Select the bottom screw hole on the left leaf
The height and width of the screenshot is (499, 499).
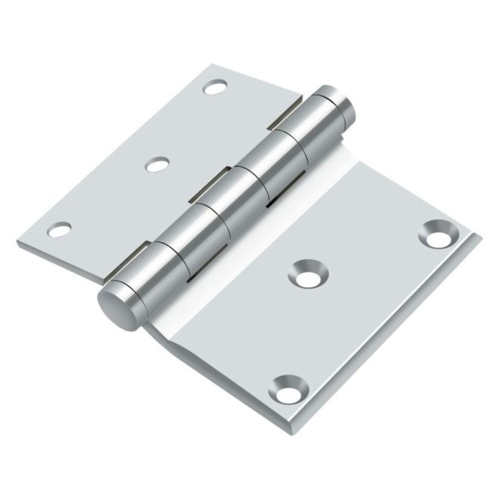[59, 229]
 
